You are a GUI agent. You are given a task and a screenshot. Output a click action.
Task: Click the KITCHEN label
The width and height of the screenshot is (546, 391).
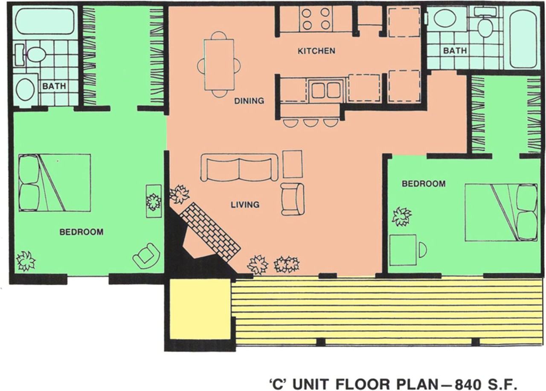tap(316, 51)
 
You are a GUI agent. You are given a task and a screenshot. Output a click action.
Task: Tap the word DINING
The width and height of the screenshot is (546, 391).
tap(249, 101)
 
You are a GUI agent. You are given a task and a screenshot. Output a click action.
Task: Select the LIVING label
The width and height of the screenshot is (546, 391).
tap(245, 205)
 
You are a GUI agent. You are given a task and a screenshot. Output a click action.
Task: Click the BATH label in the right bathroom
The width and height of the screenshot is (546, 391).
tap(455, 51)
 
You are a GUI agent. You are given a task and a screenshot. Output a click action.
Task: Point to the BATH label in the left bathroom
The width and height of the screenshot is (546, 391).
tap(54, 86)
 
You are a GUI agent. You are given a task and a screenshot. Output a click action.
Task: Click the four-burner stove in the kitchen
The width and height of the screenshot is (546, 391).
tap(316, 19)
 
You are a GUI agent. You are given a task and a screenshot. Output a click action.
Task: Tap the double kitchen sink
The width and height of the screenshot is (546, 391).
tap(326, 90)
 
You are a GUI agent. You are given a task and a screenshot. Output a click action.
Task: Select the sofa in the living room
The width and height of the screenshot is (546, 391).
tap(239, 168)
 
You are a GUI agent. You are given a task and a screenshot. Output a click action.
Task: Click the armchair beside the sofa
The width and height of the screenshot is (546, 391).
tap(293, 199)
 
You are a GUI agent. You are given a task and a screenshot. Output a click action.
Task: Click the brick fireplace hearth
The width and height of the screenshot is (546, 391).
tap(210, 231)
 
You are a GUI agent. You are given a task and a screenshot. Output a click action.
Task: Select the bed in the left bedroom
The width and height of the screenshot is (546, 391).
tap(55, 182)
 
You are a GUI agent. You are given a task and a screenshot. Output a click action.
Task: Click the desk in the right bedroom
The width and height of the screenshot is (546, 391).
tap(403, 249)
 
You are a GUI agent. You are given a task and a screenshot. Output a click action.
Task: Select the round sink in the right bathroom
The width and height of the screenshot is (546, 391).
tap(444, 18)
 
